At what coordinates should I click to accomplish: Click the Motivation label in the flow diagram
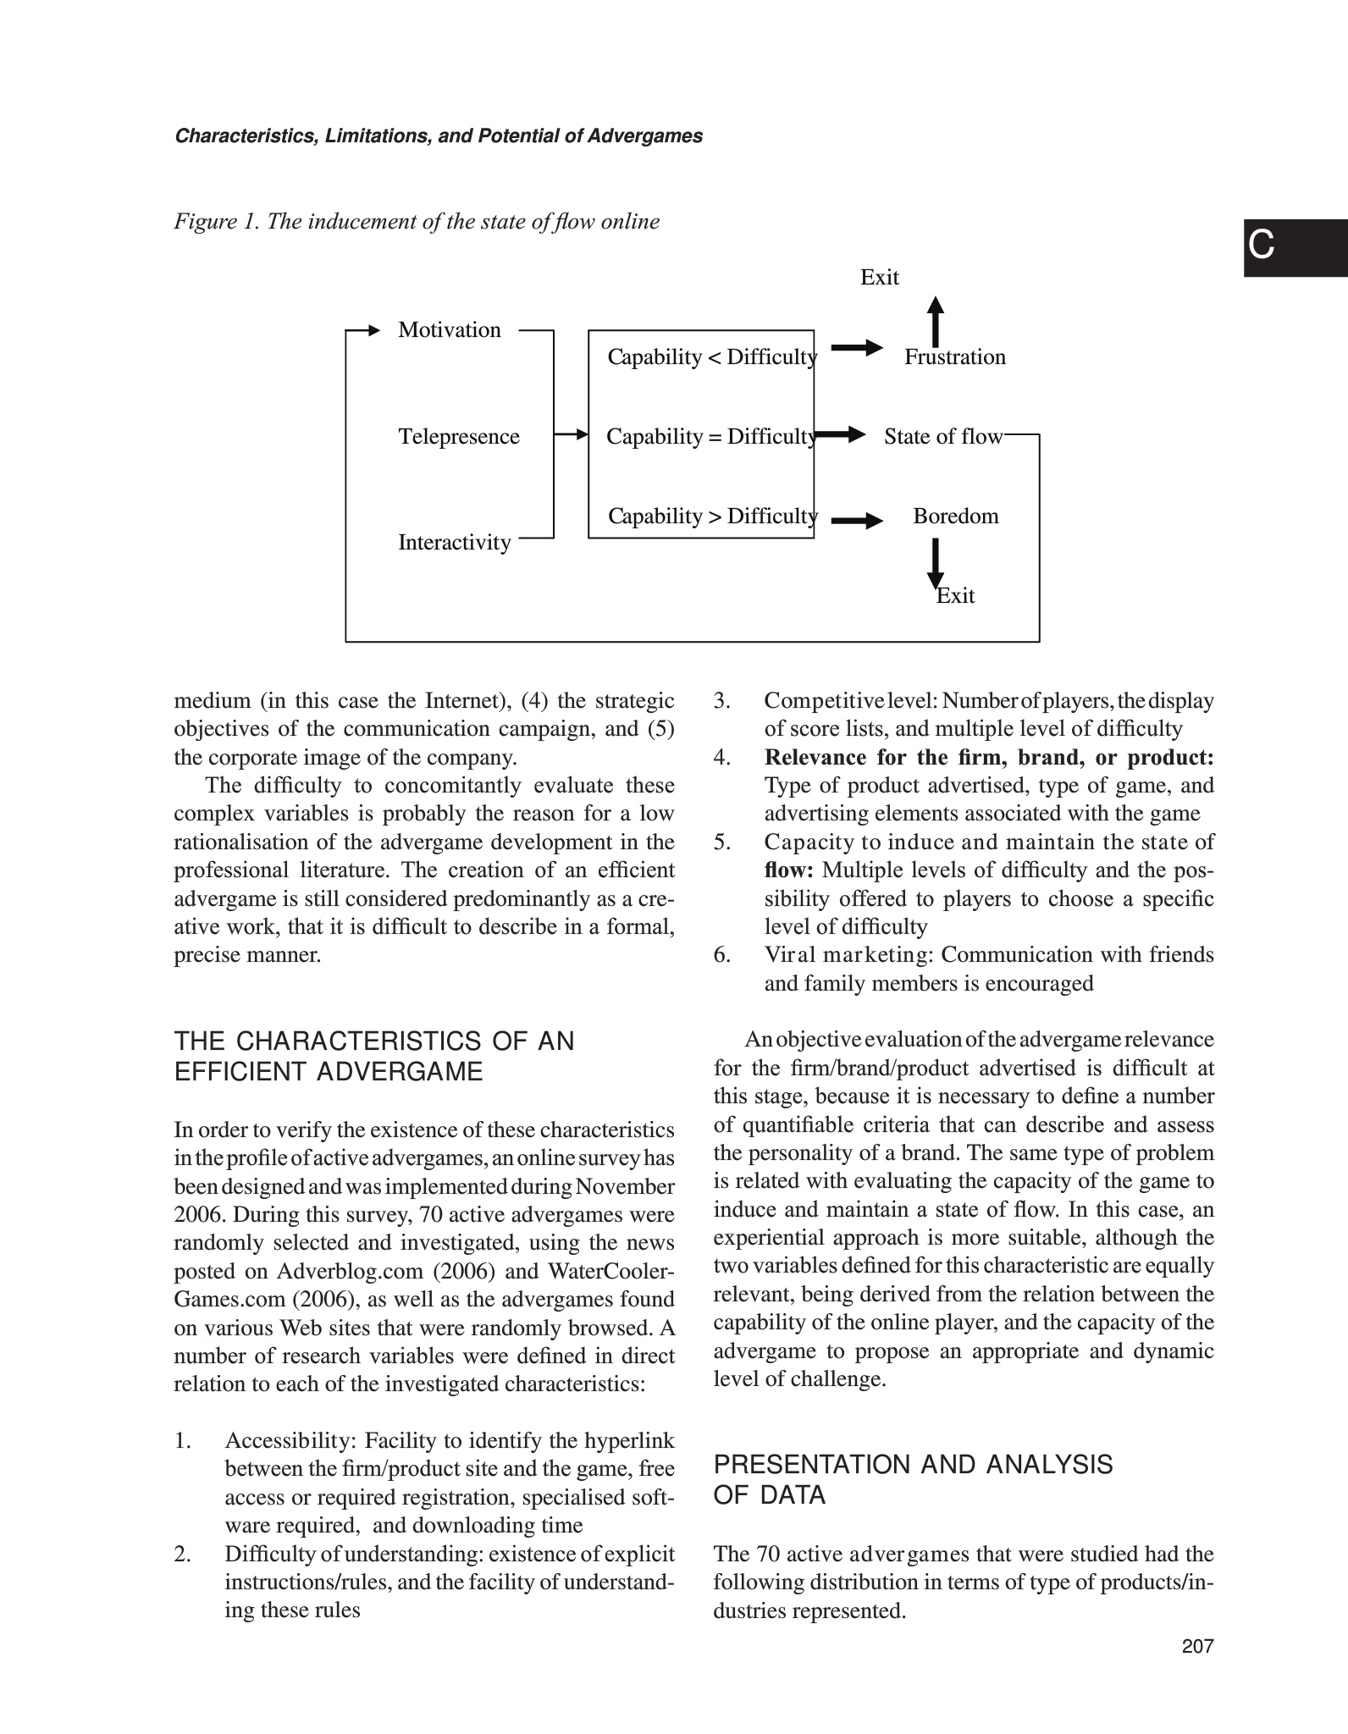pos(449,330)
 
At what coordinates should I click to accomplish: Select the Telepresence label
pos(458,437)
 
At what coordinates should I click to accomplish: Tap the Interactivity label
pos(454,543)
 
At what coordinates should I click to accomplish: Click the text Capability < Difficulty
pos(711,357)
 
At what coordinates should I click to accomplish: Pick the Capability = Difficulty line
pos(711,437)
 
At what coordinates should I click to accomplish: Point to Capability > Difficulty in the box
pos(712,516)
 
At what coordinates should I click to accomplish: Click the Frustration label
pos(954,357)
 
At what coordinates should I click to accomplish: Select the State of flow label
pos(942,437)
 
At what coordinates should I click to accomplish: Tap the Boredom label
pos(955,516)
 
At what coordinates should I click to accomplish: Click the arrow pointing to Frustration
pos(856,347)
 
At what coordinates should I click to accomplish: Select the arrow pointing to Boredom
pos(856,521)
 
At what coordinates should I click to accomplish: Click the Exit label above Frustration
pos(879,278)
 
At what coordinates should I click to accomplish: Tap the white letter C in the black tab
pos(1261,246)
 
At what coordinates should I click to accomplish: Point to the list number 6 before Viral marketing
pos(721,955)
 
